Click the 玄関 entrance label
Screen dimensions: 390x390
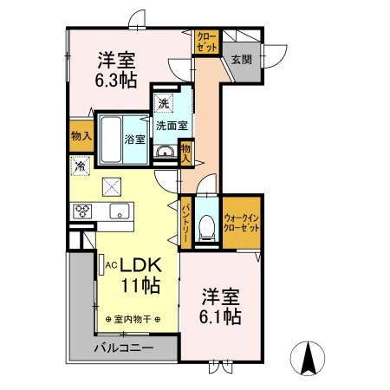pos(241,60)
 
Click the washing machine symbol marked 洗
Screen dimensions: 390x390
pos(164,103)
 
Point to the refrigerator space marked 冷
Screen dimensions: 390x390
pos(80,165)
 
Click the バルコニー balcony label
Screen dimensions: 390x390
pos(124,348)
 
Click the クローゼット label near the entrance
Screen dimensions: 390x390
pos(206,42)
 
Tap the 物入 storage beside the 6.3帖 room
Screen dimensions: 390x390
pos(81,136)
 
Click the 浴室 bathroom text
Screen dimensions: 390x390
pos(134,139)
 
